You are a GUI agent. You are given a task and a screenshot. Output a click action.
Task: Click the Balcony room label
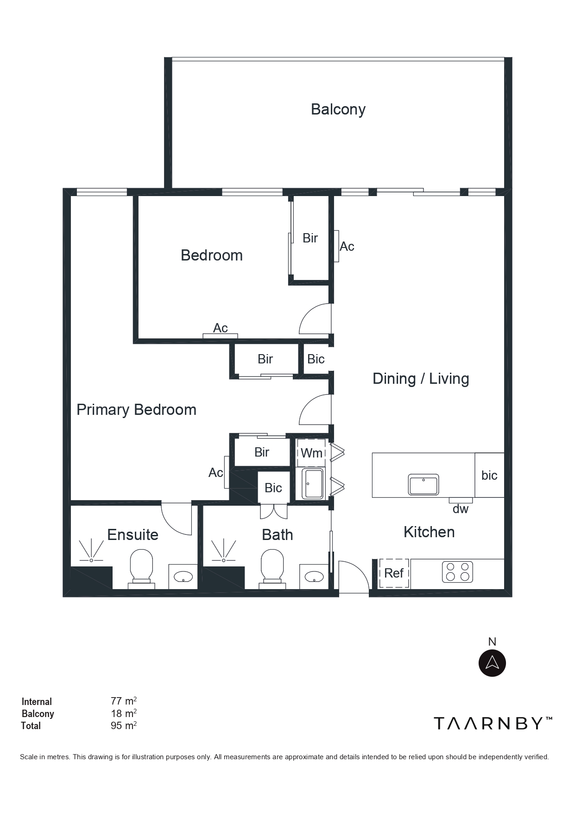tap(338, 109)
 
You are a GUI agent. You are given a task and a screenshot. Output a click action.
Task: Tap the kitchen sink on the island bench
tap(423, 484)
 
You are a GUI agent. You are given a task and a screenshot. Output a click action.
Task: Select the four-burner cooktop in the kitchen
tap(457, 572)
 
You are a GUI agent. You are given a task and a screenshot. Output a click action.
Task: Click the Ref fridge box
tap(394, 573)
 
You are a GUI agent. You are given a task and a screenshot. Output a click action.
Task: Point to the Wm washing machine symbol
tap(311, 453)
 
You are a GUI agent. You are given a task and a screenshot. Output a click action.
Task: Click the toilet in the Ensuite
tap(141, 568)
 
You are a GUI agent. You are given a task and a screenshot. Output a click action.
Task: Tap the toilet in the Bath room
tap(272, 568)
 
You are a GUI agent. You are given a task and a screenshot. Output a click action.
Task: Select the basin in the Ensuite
tap(183, 577)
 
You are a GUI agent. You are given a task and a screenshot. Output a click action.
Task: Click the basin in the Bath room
tap(314, 577)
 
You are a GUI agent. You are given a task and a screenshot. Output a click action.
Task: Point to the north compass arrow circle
tap(492, 663)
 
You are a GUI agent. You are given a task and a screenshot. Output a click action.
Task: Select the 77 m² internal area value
tap(124, 701)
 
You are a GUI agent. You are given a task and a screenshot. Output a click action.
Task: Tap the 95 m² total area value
tap(124, 725)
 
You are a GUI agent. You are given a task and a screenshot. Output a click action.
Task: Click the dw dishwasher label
tap(461, 509)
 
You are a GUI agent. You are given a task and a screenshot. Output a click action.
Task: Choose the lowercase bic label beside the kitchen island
tap(489, 475)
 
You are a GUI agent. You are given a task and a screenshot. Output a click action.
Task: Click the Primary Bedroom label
tap(136, 410)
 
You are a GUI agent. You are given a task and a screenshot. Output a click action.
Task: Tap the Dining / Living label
tap(421, 379)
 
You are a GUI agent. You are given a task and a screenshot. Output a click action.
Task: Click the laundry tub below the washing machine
tap(313, 484)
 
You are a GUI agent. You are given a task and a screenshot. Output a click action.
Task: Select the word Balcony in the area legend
tap(38, 714)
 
